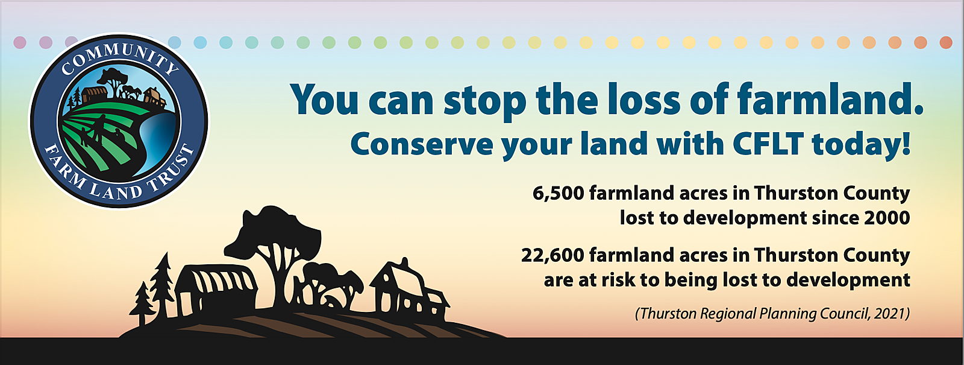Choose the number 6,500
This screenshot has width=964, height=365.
coord(558,194)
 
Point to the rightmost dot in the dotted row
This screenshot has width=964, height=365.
coord(946,43)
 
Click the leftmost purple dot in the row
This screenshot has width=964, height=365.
coord(20,43)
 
